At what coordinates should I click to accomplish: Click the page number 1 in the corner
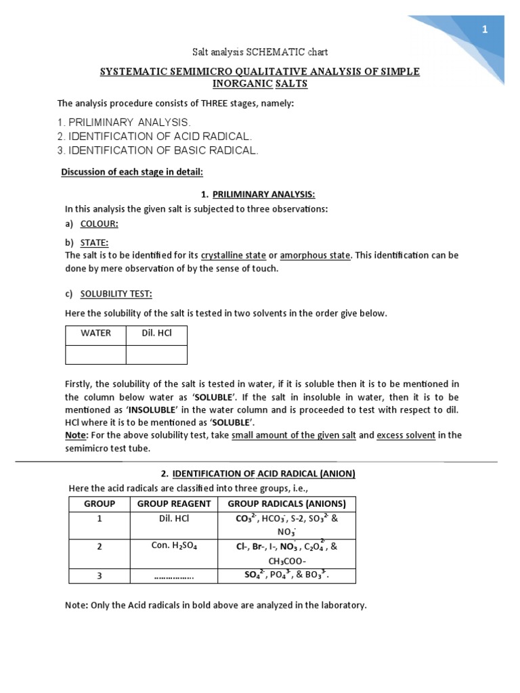point(485,29)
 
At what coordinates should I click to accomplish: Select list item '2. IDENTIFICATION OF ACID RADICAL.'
point(159,136)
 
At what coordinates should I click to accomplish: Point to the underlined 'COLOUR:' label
point(100,223)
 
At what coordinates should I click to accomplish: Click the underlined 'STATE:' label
point(94,242)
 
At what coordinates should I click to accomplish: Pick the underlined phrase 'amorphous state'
point(316,255)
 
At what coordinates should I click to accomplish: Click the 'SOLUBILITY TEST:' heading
point(116,294)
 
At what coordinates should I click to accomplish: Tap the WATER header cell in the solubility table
point(95,333)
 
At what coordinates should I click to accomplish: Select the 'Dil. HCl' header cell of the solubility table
point(156,333)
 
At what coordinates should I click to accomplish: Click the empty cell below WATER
point(95,354)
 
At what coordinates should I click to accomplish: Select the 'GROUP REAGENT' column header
point(174,504)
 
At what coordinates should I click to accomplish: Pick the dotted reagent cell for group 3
point(174,577)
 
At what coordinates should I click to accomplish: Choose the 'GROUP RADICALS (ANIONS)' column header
point(287,504)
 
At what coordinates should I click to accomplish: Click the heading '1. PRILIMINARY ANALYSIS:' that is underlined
point(259,195)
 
